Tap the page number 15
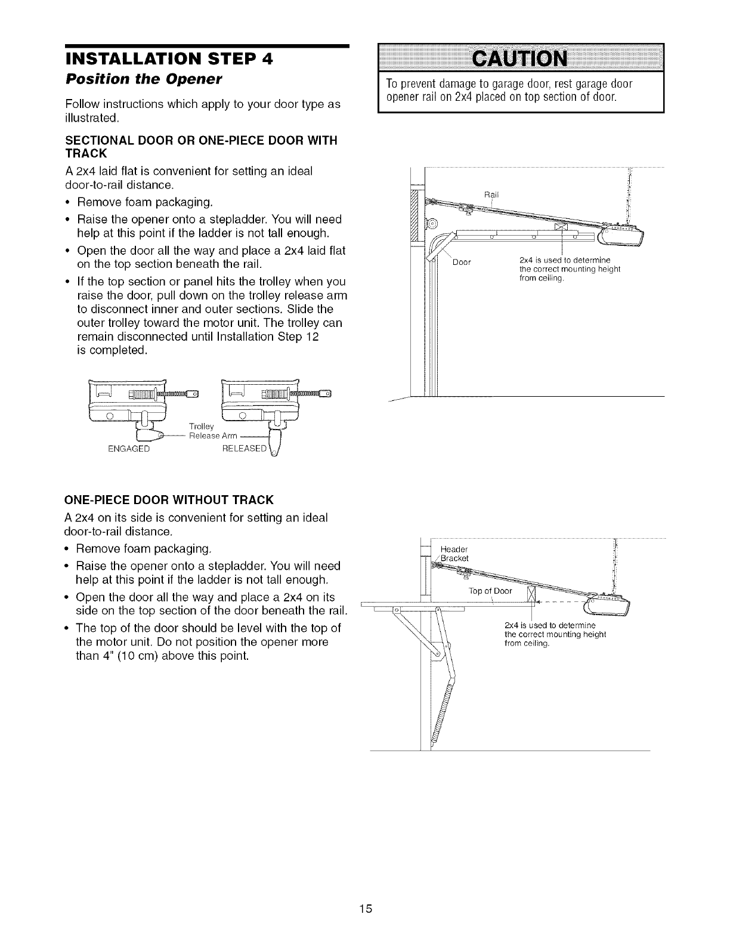tap(365, 892)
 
